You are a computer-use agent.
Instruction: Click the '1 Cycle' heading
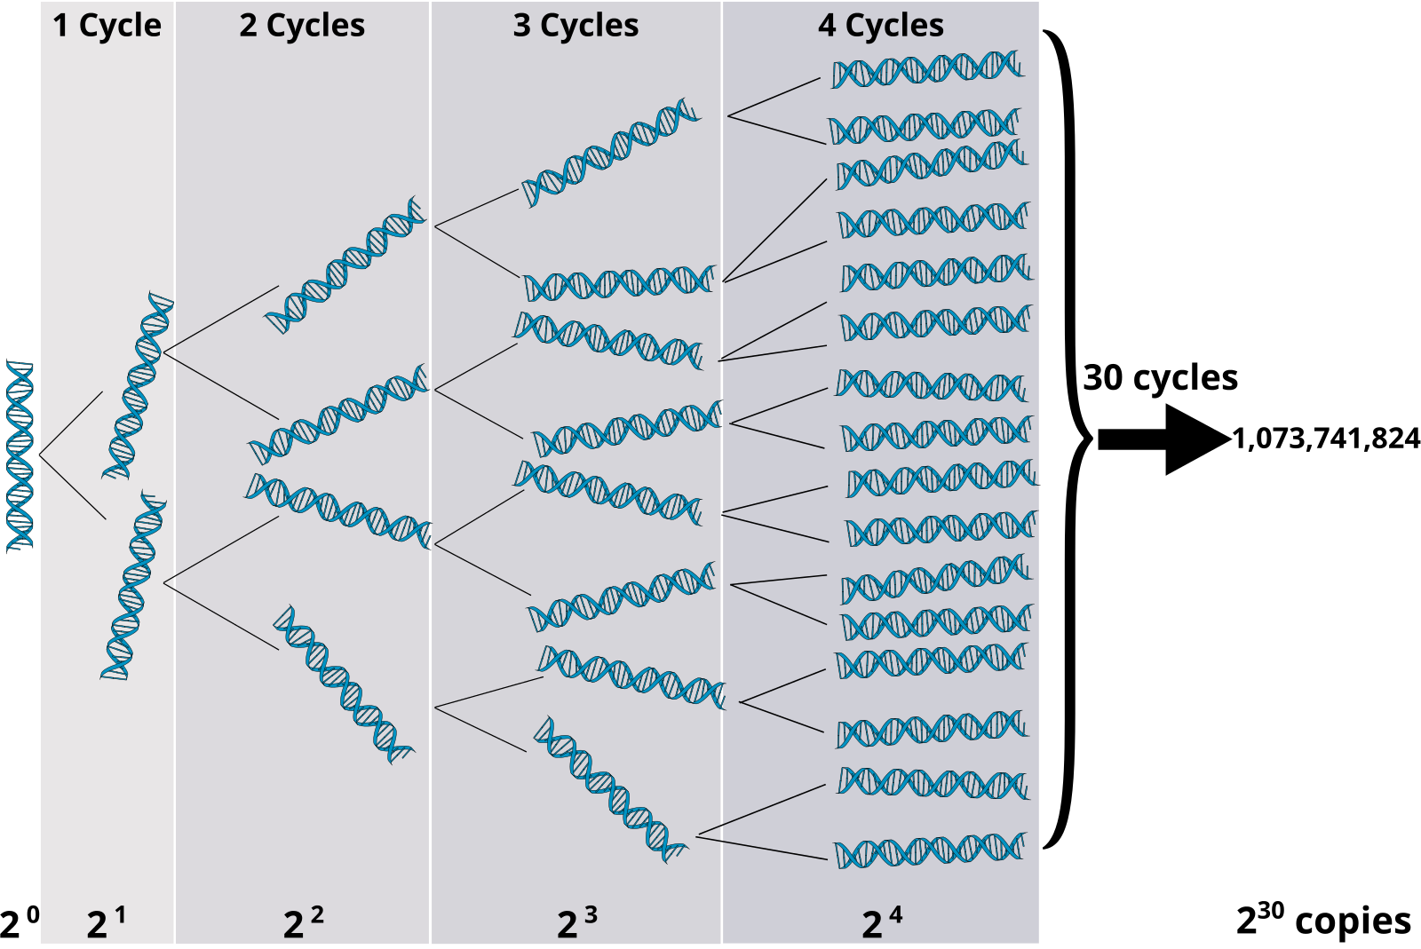tap(107, 26)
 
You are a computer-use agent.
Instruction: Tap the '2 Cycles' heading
tap(302, 26)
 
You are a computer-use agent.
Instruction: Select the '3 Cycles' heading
tap(576, 26)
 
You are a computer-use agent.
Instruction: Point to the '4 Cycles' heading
tap(881, 26)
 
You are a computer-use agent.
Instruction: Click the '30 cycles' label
tap(1160, 378)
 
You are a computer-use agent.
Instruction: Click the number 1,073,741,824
tap(1326, 439)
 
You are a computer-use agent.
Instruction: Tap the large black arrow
tap(1163, 439)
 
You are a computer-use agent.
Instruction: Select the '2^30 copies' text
tap(1323, 921)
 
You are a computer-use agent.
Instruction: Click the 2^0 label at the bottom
tap(20, 923)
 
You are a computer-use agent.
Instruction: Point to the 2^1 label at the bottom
tap(107, 923)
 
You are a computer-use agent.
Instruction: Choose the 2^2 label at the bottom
tap(303, 923)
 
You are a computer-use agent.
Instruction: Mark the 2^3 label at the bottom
tap(576, 923)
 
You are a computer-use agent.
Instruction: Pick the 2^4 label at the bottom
tap(881, 923)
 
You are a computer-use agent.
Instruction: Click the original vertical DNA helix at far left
tap(20, 455)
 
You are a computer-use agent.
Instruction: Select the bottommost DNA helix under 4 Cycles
tap(930, 851)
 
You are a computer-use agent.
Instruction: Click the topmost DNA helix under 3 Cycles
tap(611, 153)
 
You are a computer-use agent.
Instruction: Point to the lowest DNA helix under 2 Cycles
tap(343, 684)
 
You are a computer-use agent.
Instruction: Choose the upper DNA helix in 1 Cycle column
tap(139, 385)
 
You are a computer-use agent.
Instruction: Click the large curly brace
tap(1070, 439)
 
